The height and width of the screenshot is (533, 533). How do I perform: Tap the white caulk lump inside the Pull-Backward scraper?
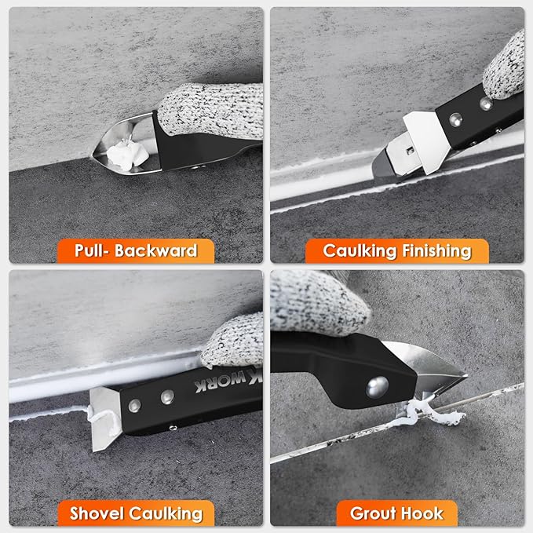pos(126,152)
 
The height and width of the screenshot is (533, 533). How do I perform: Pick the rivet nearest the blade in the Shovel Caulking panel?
pos(134,405)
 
